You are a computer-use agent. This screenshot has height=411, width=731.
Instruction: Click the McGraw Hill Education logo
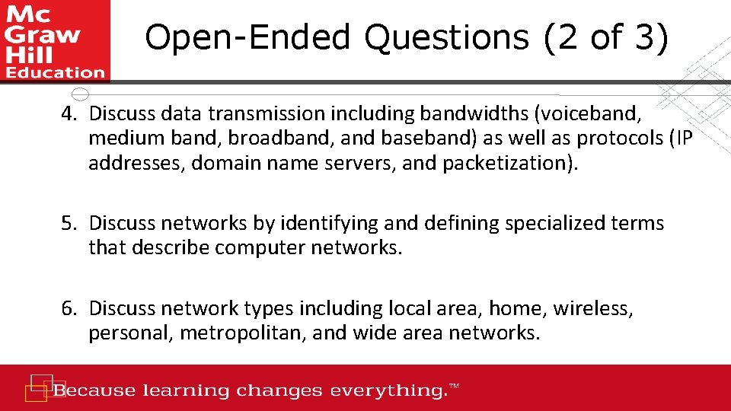[x=55, y=41]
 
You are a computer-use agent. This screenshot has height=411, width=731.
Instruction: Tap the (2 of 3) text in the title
[x=607, y=37]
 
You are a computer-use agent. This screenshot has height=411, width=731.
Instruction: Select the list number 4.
[x=71, y=114]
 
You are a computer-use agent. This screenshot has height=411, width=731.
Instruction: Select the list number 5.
[x=71, y=224]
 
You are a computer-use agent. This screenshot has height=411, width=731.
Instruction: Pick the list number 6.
[x=71, y=309]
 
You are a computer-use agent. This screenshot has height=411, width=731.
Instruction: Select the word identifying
[x=328, y=224]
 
